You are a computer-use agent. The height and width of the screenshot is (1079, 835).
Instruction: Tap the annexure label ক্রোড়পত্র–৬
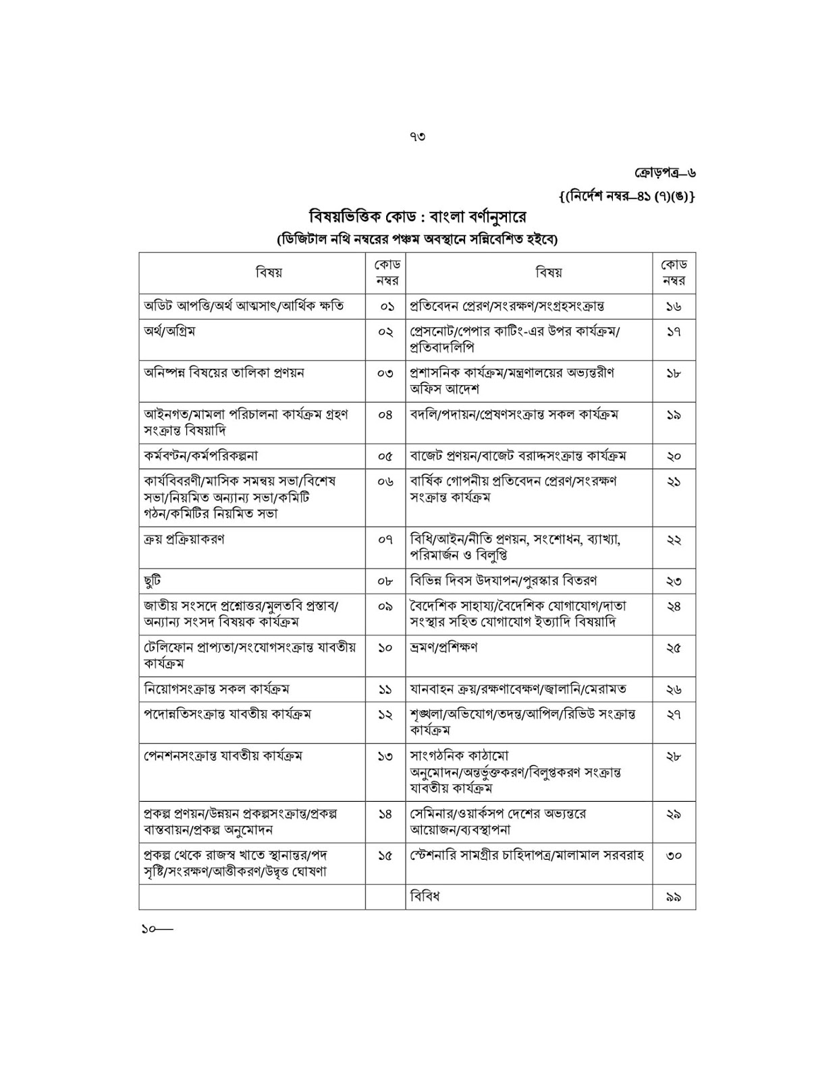(x=665, y=173)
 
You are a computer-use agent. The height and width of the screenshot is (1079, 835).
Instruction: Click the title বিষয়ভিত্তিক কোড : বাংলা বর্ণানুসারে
(x=417, y=217)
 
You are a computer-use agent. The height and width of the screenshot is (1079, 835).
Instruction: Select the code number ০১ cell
(x=385, y=306)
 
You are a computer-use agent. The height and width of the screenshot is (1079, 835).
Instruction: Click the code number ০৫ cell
(x=385, y=456)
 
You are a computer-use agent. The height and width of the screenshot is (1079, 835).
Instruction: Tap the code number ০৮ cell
(x=385, y=581)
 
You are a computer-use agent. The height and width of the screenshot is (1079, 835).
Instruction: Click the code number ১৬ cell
(x=674, y=306)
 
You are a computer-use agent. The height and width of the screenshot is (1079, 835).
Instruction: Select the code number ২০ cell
(x=674, y=456)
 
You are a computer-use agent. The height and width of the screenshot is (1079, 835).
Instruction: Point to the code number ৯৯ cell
(x=674, y=897)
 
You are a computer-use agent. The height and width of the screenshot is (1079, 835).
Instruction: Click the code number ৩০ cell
(x=674, y=855)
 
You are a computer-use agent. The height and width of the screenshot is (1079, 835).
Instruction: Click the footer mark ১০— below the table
(x=157, y=929)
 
